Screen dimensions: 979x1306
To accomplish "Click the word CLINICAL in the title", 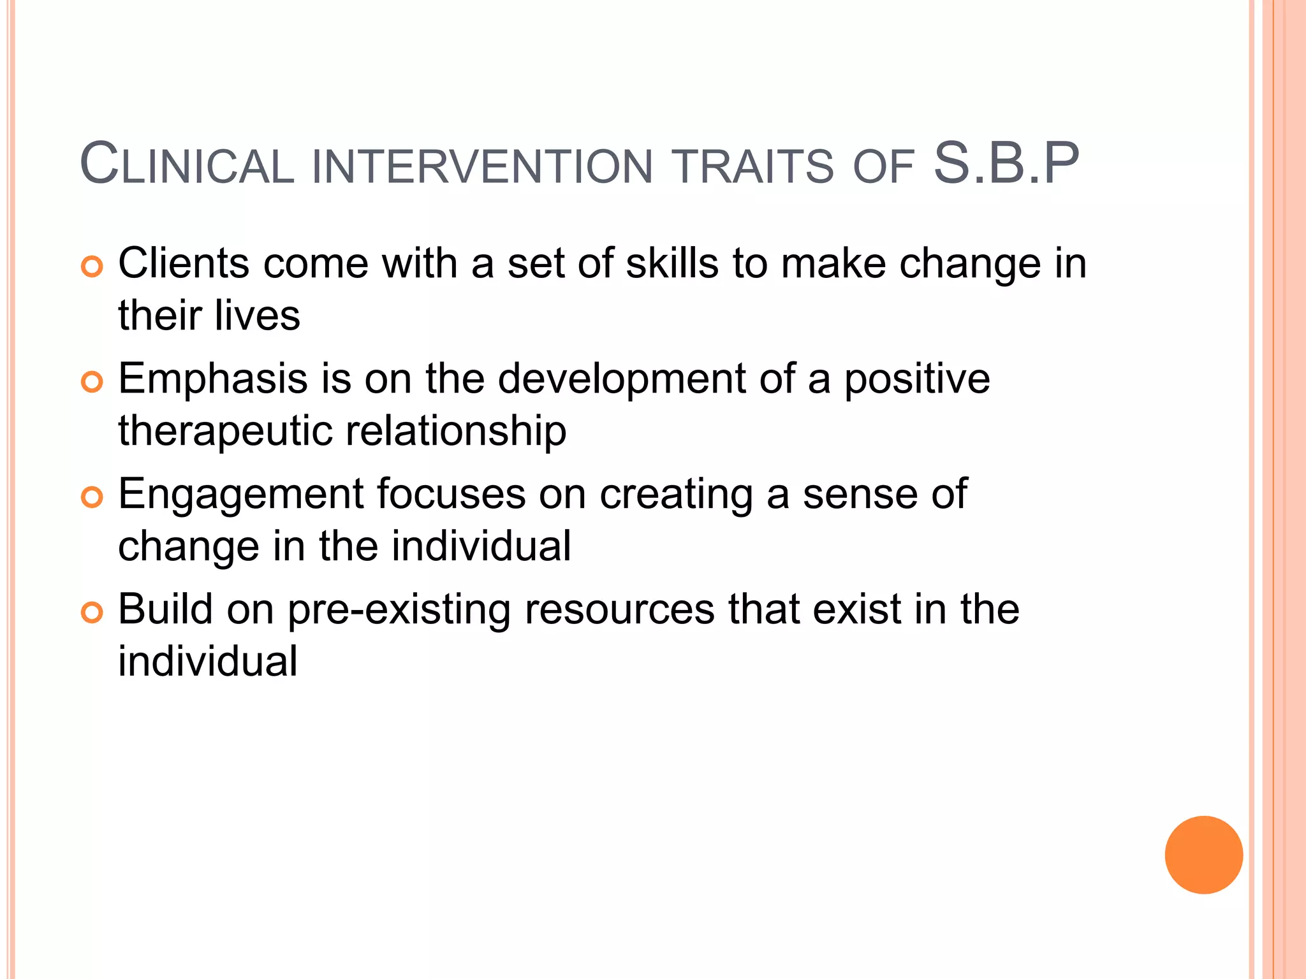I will (x=186, y=165).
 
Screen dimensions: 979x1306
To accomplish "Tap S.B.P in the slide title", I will (x=1006, y=164).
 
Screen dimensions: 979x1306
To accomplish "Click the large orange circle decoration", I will (x=1203, y=855).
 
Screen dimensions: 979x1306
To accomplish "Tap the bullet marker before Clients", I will (x=92, y=267).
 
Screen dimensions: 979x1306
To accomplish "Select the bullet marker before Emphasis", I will (x=92, y=382).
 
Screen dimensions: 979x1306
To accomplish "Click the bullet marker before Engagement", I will (x=92, y=498).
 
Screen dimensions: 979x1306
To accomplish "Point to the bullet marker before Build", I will (x=92, y=613).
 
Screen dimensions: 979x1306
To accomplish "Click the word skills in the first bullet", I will (x=671, y=263).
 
